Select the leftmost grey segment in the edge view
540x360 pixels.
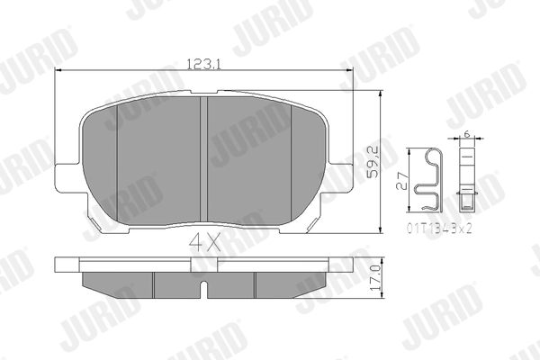(x=117, y=283)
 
